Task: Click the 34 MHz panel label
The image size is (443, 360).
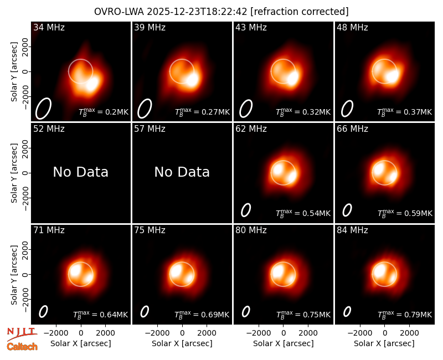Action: (x=49, y=27)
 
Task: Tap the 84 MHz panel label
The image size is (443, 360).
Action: (x=352, y=230)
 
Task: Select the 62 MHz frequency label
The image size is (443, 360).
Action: (x=251, y=129)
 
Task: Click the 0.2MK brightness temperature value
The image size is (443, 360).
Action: (x=104, y=112)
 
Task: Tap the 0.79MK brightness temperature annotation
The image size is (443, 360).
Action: (x=405, y=314)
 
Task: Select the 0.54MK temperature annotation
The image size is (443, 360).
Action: (x=303, y=213)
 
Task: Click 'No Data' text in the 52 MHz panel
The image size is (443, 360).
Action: (x=81, y=172)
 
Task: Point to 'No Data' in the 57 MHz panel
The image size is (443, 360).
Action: (x=182, y=172)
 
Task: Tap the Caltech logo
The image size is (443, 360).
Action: (x=22, y=347)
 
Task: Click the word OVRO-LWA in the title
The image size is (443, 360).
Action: (x=119, y=12)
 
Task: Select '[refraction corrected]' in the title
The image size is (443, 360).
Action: (x=300, y=12)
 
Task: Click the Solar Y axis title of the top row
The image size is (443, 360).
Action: (x=14, y=72)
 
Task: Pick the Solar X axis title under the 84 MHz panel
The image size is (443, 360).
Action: (x=384, y=343)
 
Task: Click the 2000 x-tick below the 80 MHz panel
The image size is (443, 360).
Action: (x=308, y=333)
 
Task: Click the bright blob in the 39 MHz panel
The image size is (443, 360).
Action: (x=192, y=79)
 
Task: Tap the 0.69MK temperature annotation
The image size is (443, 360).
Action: (x=202, y=314)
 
